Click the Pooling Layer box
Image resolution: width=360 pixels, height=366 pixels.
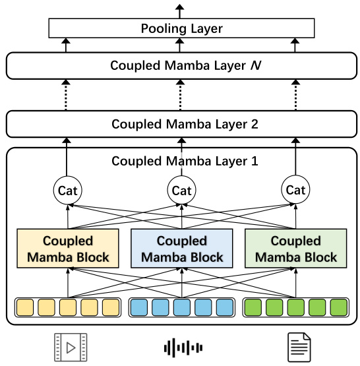(x=181, y=28)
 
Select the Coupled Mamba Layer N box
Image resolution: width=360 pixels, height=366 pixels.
(x=181, y=65)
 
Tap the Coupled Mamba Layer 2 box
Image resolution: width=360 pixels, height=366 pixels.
(x=181, y=123)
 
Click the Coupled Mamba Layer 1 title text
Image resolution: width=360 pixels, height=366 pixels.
(x=181, y=160)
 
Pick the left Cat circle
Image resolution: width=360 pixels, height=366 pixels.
(x=67, y=191)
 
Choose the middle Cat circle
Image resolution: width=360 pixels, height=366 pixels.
(x=181, y=191)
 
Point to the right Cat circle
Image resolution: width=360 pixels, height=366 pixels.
(x=296, y=191)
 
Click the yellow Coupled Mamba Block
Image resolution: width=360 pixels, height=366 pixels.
(x=68, y=249)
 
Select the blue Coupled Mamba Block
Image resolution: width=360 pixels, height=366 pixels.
(x=181, y=249)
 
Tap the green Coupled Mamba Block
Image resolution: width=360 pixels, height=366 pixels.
(x=295, y=249)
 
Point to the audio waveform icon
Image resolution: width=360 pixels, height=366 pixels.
(x=181, y=347)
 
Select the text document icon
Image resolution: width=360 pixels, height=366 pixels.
(x=295, y=347)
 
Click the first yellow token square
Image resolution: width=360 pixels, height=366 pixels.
(x=25, y=307)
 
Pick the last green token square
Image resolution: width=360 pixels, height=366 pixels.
(x=338, y=307)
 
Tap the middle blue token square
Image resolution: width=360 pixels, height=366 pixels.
(x=181, y=307)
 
